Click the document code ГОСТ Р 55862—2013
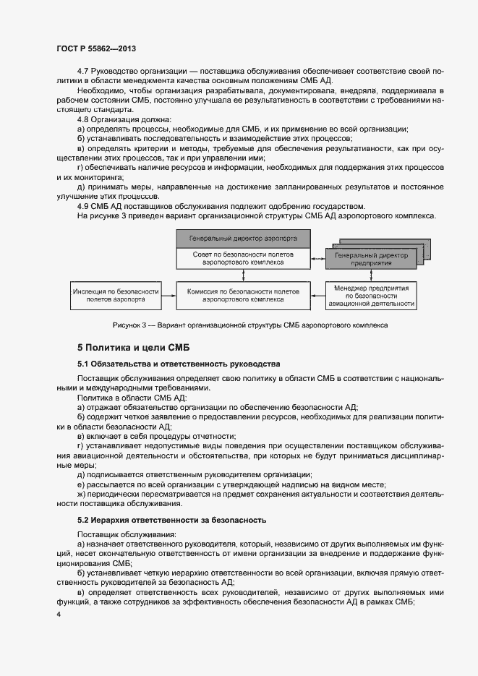click(96, 48)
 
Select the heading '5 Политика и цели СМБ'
click(128, 347)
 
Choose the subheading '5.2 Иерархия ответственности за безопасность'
click(172, 520)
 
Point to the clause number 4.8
click(82, 119)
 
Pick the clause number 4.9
click(82, 205)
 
